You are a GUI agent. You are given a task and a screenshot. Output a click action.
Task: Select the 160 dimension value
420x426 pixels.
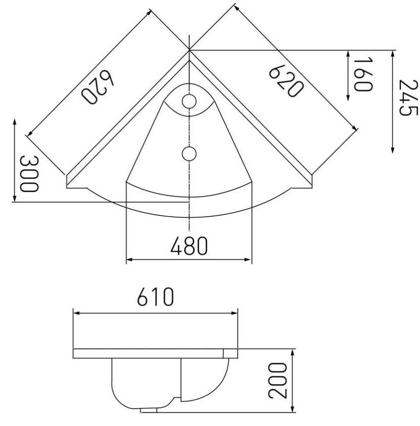pyautogui.click(x=363, y=74)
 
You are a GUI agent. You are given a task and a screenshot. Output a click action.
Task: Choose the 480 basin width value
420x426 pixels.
pyautogui.click(x=189, y=246)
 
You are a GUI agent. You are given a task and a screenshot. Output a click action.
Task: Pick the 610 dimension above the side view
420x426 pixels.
pyautogui.click(x=155, y=298)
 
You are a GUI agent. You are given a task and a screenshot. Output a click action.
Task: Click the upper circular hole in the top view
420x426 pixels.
pyautogui.click(x=189, y=102)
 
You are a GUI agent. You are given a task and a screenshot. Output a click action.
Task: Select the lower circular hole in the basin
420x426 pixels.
pyautogui.click(x=189, y=154)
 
